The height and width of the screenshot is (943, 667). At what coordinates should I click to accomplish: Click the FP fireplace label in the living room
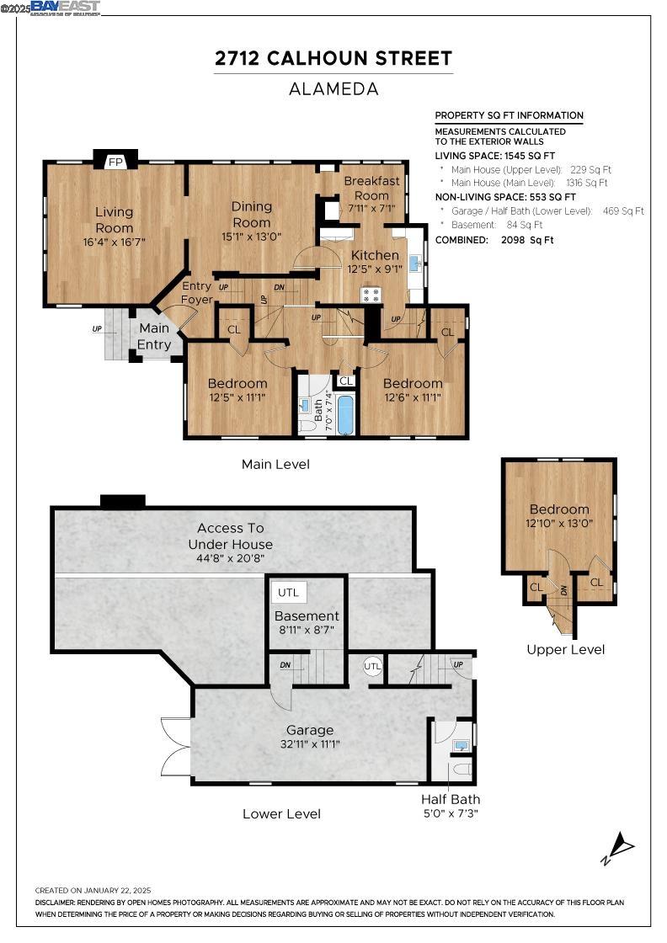[115, 161]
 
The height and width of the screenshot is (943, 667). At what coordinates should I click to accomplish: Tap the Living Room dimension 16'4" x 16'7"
[114, 242]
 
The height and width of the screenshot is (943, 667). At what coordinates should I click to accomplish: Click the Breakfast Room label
[371, 188]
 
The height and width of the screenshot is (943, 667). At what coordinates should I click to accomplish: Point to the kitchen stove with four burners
[371, 295]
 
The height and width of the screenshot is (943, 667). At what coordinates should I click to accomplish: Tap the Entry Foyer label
[197, 293]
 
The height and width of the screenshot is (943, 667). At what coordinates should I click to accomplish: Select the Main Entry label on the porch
[154, 336]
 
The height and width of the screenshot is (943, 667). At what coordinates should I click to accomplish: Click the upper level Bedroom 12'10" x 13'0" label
[559, 509]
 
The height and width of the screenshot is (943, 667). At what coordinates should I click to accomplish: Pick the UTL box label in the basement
[288, 593]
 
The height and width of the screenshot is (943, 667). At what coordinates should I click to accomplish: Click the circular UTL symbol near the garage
[372, 666]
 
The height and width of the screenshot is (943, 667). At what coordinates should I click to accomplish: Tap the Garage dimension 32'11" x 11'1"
[310, 744]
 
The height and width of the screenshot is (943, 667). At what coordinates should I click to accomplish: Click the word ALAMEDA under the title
[333, 88]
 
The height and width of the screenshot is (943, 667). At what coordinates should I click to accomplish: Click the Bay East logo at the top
[65, 8]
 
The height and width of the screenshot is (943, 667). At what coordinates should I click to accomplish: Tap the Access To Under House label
[230, 535]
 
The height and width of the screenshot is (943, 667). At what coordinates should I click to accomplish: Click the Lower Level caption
[281, 813]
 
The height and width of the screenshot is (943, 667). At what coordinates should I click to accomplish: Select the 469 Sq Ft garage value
[623, 211]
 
